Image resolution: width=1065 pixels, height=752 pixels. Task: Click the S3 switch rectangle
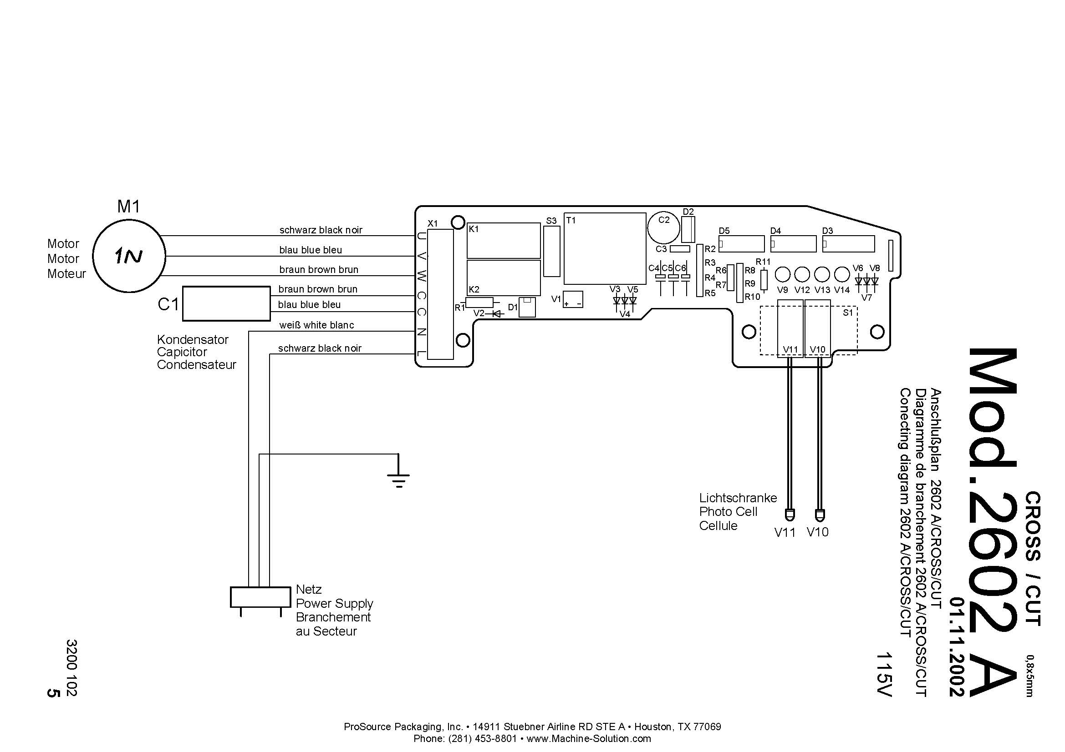pos(551,251)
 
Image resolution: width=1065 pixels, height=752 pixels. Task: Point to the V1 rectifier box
pos(573,299)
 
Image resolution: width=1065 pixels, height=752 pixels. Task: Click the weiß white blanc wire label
pos(316,325)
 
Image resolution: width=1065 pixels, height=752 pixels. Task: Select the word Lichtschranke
pos(738,498)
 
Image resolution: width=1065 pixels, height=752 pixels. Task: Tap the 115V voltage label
pos(884,675)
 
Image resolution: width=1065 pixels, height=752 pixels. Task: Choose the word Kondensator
pos(193,340)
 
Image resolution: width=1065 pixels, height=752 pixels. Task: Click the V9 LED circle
pos(783,274)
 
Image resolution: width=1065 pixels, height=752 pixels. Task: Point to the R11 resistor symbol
pos(764,279)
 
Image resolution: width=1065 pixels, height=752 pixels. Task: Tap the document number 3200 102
pos(71,668)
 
